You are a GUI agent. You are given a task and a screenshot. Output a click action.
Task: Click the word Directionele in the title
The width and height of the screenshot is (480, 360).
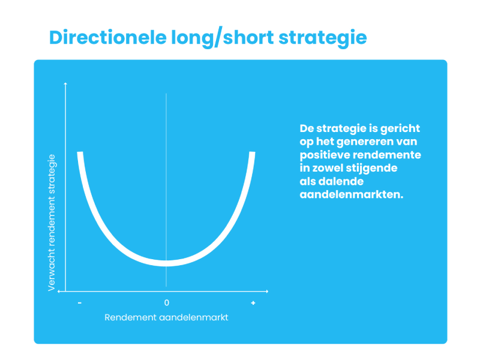(108, 37)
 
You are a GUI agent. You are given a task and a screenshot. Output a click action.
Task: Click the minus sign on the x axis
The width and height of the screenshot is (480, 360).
(80, 303)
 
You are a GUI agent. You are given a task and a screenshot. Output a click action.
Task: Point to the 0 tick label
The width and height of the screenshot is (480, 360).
(167, 303)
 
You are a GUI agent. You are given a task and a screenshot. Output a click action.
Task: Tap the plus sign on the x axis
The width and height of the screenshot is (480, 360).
(253, 303)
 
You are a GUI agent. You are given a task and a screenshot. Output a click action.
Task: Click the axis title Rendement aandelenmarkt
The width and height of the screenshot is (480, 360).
(166, 317)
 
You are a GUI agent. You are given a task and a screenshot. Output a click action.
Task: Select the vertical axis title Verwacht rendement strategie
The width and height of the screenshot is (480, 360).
(52, 223)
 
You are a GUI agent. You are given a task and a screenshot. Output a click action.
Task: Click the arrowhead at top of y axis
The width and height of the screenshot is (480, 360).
(65, 83)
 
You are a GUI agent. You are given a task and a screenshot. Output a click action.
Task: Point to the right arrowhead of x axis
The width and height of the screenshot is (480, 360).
(267, 292)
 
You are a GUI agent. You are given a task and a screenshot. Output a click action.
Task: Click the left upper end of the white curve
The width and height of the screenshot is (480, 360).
(80, 152)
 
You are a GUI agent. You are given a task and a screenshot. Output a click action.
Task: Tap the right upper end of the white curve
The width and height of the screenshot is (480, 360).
(252, 152)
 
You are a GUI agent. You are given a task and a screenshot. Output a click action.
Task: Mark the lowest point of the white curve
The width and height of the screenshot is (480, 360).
(166, 263)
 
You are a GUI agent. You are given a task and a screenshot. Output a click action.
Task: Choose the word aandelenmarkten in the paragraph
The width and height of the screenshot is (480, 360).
(352, 194)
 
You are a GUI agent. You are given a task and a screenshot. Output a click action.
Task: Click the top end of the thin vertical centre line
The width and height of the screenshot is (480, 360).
(166, 94)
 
